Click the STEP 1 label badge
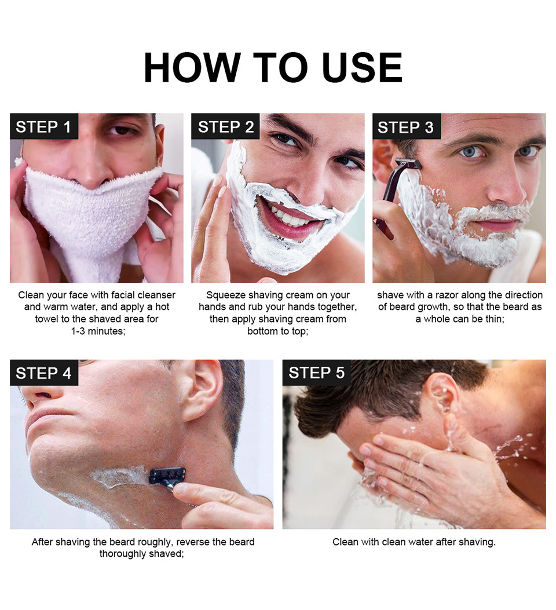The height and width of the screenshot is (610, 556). click(x=43, y=127)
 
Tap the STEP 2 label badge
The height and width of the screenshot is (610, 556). click(x=225, y=127)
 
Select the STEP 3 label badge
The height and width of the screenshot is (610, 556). click(x=405, y=127)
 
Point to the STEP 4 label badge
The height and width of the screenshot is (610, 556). click(x=43, y=373)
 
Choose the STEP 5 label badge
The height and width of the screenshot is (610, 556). click(x=316, y=373)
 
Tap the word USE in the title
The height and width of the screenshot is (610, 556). click(x=363, y=68)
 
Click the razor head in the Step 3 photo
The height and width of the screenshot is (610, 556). click(x=408, y=163)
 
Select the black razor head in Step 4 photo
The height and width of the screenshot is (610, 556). click(x=167, y=476)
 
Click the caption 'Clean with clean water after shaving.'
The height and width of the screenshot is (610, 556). click(x=414, y=542)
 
